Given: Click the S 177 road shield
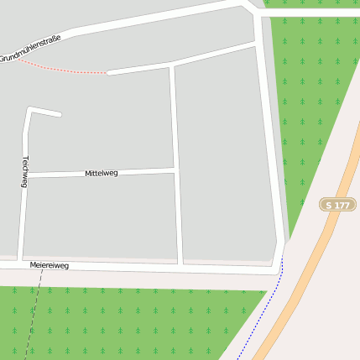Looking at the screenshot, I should [x=337, y=205].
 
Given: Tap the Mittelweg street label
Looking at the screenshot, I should [x=102, y=173].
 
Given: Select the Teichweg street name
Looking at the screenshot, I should [x=25, y=171].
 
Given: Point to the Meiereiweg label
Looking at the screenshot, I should [x=49, y=265].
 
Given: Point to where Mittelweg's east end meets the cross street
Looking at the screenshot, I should [x=175, y=170].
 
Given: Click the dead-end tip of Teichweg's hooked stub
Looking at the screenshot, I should [x=60, y=114].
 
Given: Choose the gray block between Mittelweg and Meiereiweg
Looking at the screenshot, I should [x=101, y=217].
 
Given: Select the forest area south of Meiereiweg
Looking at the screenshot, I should [x=126, y=323].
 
